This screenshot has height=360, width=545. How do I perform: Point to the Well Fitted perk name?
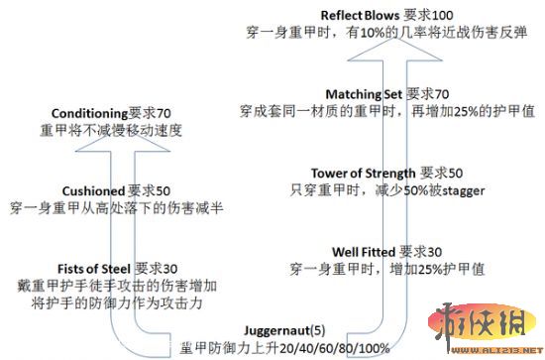[364, 251]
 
